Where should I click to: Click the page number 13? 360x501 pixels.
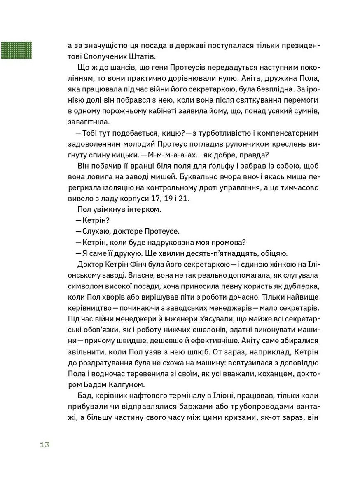(x=44, y=445)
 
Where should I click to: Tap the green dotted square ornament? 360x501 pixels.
(x=16, y=49)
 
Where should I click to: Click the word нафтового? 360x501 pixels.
(x=149, y=396)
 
